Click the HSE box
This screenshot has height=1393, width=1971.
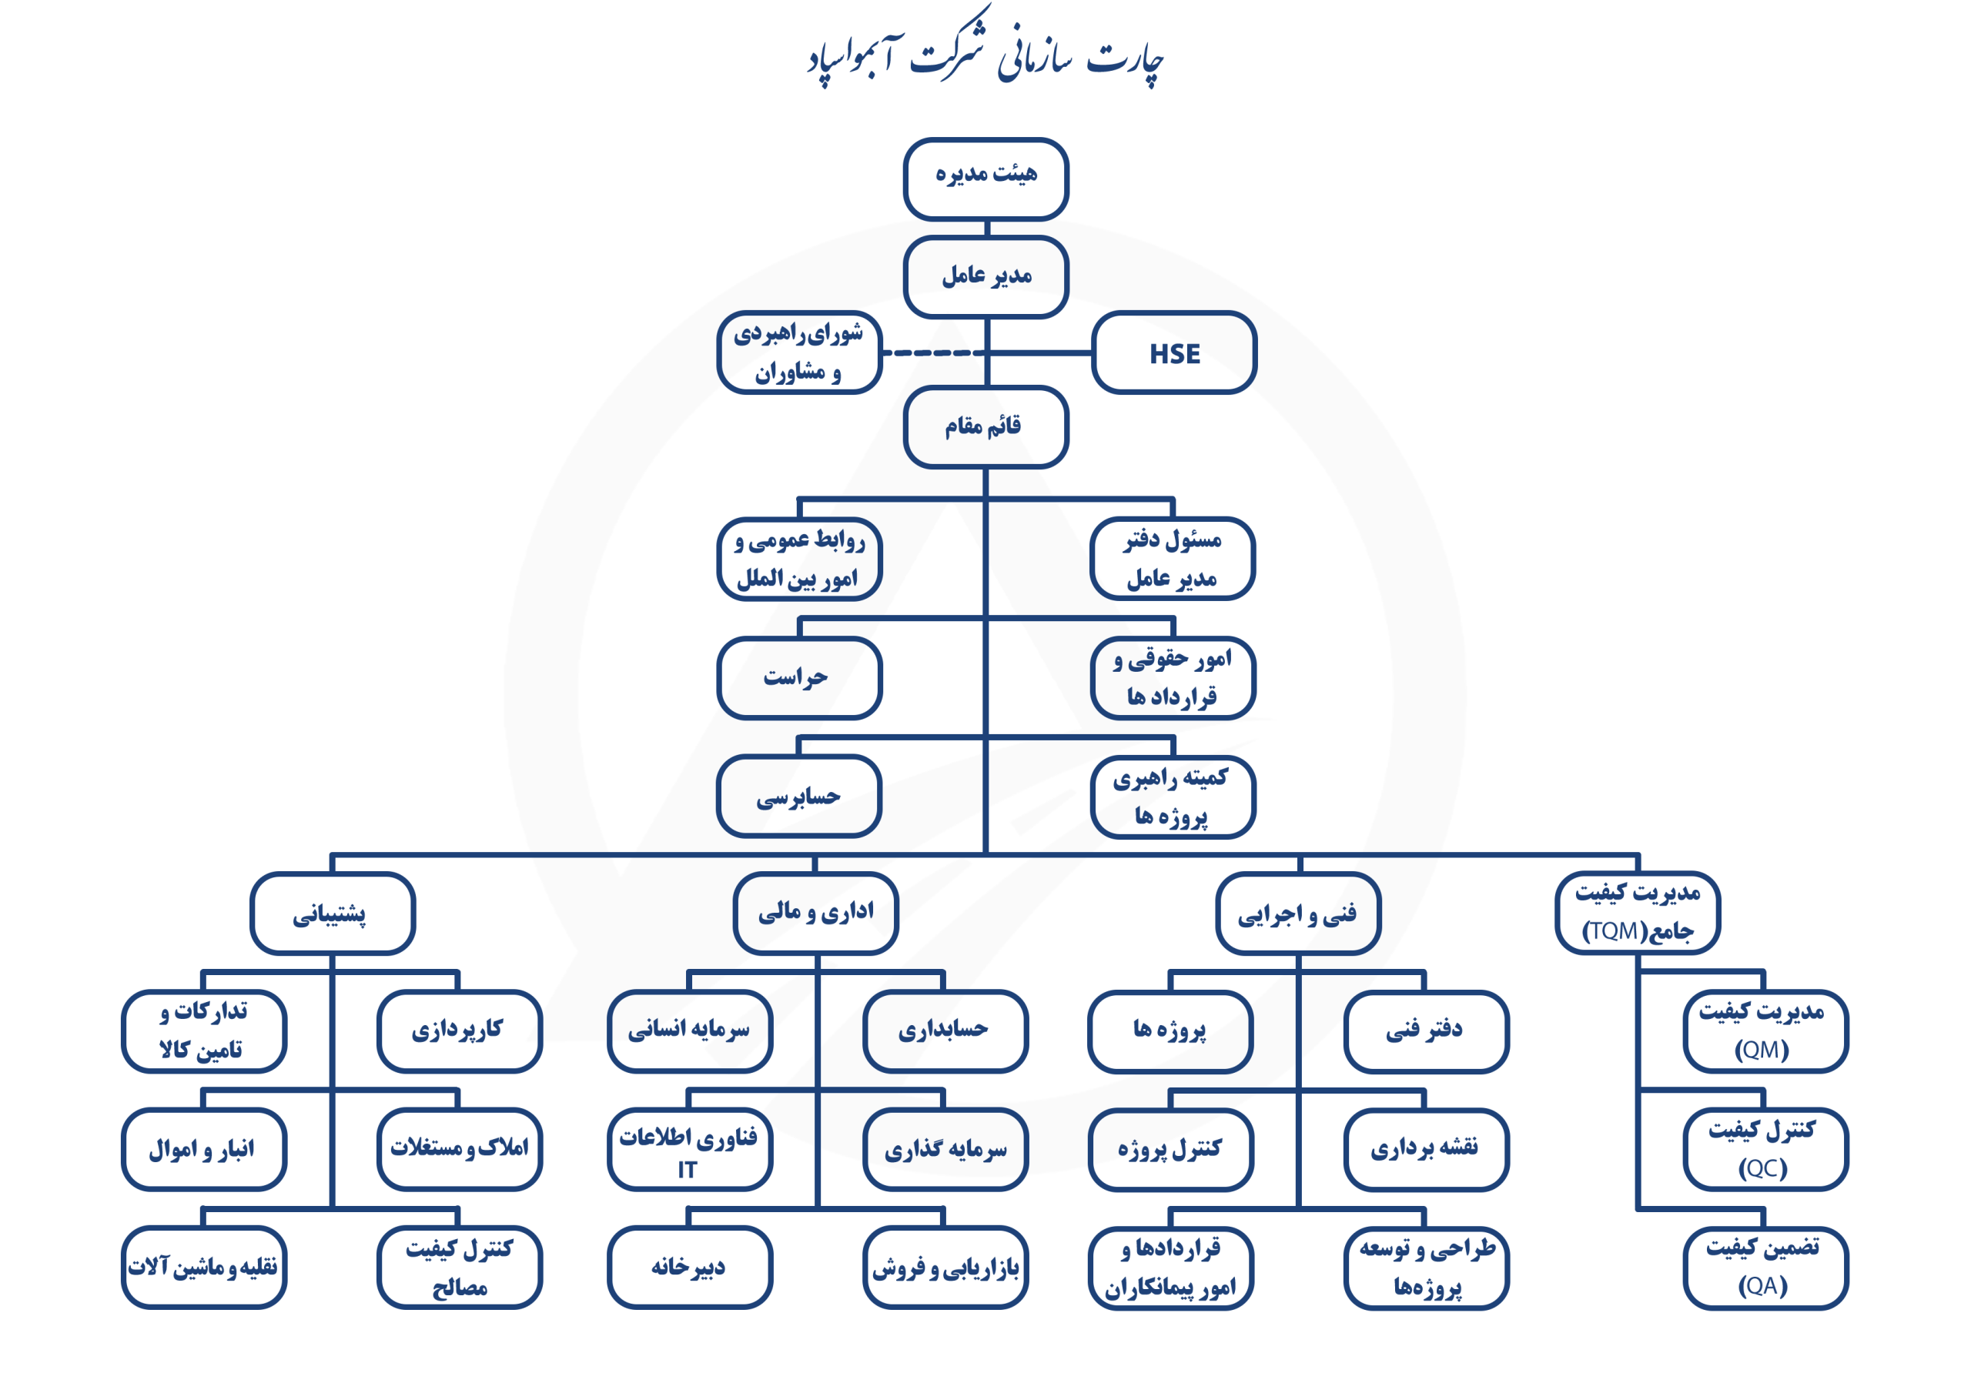[x=1173, y=352]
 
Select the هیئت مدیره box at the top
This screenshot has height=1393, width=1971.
[x=985, y=178]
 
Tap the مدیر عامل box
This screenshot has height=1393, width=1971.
[x=985, y=276]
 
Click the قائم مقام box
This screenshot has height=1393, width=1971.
[x=985, y=426]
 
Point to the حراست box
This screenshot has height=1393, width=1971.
[x=798, y=677]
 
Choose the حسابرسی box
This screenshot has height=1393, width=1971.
[x=798, y=797]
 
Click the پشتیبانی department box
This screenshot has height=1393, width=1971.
[x=332, y=914]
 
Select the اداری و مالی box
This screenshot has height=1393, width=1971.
[x=815, y=914]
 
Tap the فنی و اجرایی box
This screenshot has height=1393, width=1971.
[x=1297, y=914]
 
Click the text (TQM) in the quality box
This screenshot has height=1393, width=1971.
[x=1613, y=931]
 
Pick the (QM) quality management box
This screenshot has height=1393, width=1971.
[x=1765, y=1030]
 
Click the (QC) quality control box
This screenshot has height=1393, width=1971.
[x=1765, y=1148]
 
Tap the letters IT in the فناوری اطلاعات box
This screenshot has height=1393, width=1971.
[x=687, y=1169]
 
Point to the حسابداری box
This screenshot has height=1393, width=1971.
[x=944, y=1030]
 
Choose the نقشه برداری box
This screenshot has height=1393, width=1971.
[x=1425, y=1148]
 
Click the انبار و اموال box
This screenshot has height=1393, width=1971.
[x=203, y=1148]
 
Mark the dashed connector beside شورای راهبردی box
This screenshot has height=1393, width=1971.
[x=927, y=352]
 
